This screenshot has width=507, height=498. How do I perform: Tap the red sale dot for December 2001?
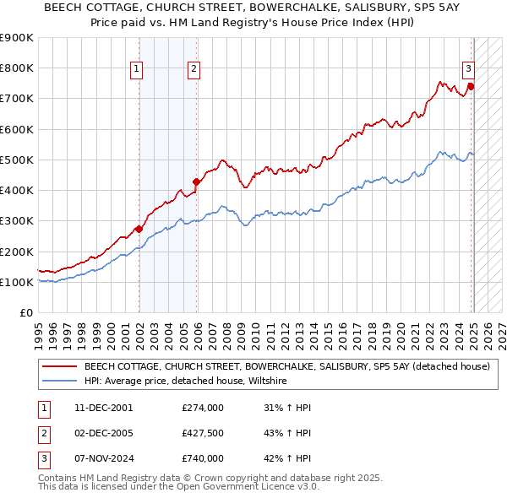coord(139,229)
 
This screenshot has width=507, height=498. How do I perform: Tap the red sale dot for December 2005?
coord(196,181)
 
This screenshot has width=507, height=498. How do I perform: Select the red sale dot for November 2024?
coord(471,86)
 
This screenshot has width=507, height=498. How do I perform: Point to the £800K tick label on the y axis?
coord(17,68)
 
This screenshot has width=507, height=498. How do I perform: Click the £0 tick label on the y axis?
coord(26,312)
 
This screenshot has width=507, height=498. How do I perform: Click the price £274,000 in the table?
coord(203,408)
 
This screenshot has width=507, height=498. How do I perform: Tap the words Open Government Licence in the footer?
coord(252,488)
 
